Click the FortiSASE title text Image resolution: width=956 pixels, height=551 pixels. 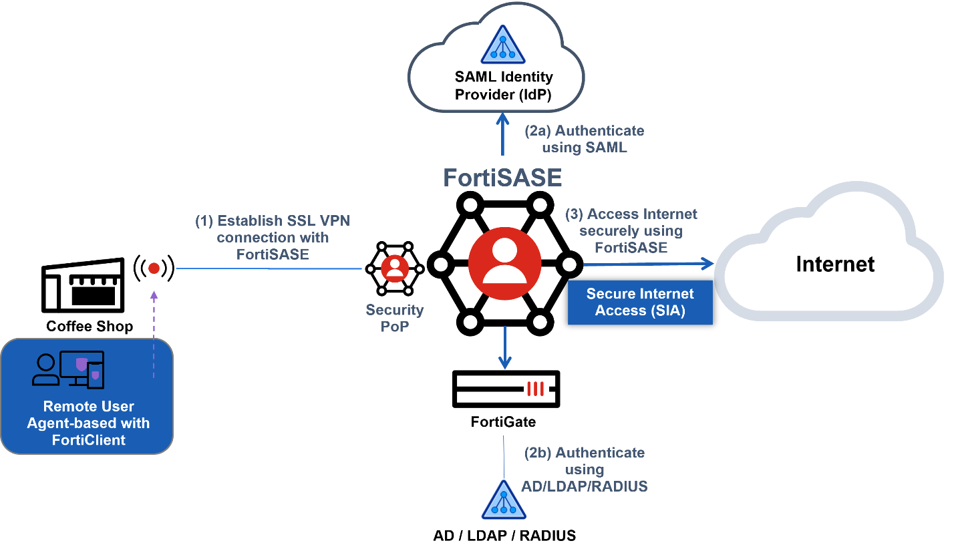point(503,178)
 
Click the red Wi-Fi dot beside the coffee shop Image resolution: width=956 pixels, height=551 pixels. point(154,268)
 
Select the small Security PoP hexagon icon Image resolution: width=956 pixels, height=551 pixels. point(394,268)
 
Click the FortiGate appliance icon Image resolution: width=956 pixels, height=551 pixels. point(505,389)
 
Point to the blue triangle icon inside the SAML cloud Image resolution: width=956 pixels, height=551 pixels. point(502,45)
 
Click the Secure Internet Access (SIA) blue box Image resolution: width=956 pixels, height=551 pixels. point(640,303)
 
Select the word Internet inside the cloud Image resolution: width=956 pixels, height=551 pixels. point(834,264)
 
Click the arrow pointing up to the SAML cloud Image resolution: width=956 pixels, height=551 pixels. point(502,134)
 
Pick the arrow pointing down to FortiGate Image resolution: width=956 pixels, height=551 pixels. point(505,347)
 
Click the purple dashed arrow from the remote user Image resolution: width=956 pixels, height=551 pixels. point(154,334)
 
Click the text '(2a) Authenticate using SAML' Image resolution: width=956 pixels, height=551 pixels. point(584,139)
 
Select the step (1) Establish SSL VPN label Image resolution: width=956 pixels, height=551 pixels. point(272,237)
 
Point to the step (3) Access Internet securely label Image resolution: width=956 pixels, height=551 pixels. point(631,230)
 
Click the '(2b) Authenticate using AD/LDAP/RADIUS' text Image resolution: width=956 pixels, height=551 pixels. point(584,470)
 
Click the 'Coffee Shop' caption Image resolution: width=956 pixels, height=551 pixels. point(90,327)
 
